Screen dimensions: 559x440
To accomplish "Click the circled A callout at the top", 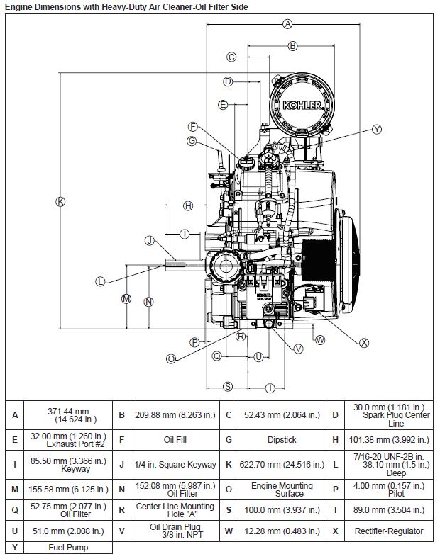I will coord(287,24).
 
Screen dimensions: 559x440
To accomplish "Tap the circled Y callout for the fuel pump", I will coord(377,129).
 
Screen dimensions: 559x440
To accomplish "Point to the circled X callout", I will coord(365,342).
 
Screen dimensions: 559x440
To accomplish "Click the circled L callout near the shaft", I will coord(100,281).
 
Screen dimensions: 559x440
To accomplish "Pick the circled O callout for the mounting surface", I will coord(171,359).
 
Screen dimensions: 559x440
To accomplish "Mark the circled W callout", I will coord(320,339).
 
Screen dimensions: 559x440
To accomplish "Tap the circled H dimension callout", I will coord(188,205).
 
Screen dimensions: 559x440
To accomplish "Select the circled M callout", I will coord(126,298).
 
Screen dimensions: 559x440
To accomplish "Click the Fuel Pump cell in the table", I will coord(68,548).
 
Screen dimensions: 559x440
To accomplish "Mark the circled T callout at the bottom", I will coord(270,387).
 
